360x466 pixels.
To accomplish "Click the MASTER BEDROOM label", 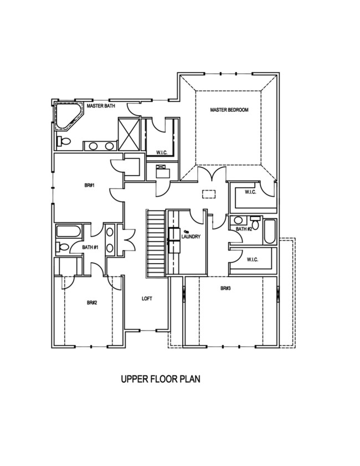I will pos(229,110).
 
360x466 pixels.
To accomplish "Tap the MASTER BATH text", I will pos(100,105).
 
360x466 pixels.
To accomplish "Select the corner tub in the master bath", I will pos(67,117).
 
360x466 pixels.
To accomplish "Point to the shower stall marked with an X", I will pos(128,134).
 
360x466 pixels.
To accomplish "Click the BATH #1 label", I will pos(90,247).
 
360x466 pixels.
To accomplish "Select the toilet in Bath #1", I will pos(63,247).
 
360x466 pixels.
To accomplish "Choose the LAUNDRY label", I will pos(191,237).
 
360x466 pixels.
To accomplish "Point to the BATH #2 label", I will pos(244,229).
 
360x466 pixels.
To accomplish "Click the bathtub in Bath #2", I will pos(270,232).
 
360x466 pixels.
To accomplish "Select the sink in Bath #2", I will pos(238,220).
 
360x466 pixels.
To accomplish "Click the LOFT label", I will pos(147,299).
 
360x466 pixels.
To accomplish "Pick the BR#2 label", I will pos(92,303).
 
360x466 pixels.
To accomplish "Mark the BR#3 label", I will pos(225,288).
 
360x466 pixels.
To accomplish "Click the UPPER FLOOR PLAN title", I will pos(160,380).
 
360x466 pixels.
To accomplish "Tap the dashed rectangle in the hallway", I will pos(209,193).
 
